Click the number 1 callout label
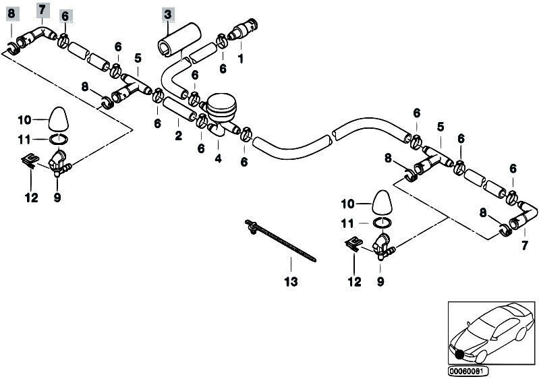[241, 59]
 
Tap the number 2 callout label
[178, 136]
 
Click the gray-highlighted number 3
[168, 15]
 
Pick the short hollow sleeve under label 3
[179, 38]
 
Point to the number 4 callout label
[218, 158]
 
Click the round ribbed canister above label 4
[222, 107]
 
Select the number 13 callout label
[291, 282]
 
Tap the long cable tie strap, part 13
[280, 241]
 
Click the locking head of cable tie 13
[252, 226]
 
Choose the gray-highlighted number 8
[11, 13]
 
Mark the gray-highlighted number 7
[42, 9]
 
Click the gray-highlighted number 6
[65, 16]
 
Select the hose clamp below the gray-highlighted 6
[63, 41]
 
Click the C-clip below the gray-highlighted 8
[13, 49]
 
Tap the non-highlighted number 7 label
[524, 246]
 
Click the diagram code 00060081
[467, 372]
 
